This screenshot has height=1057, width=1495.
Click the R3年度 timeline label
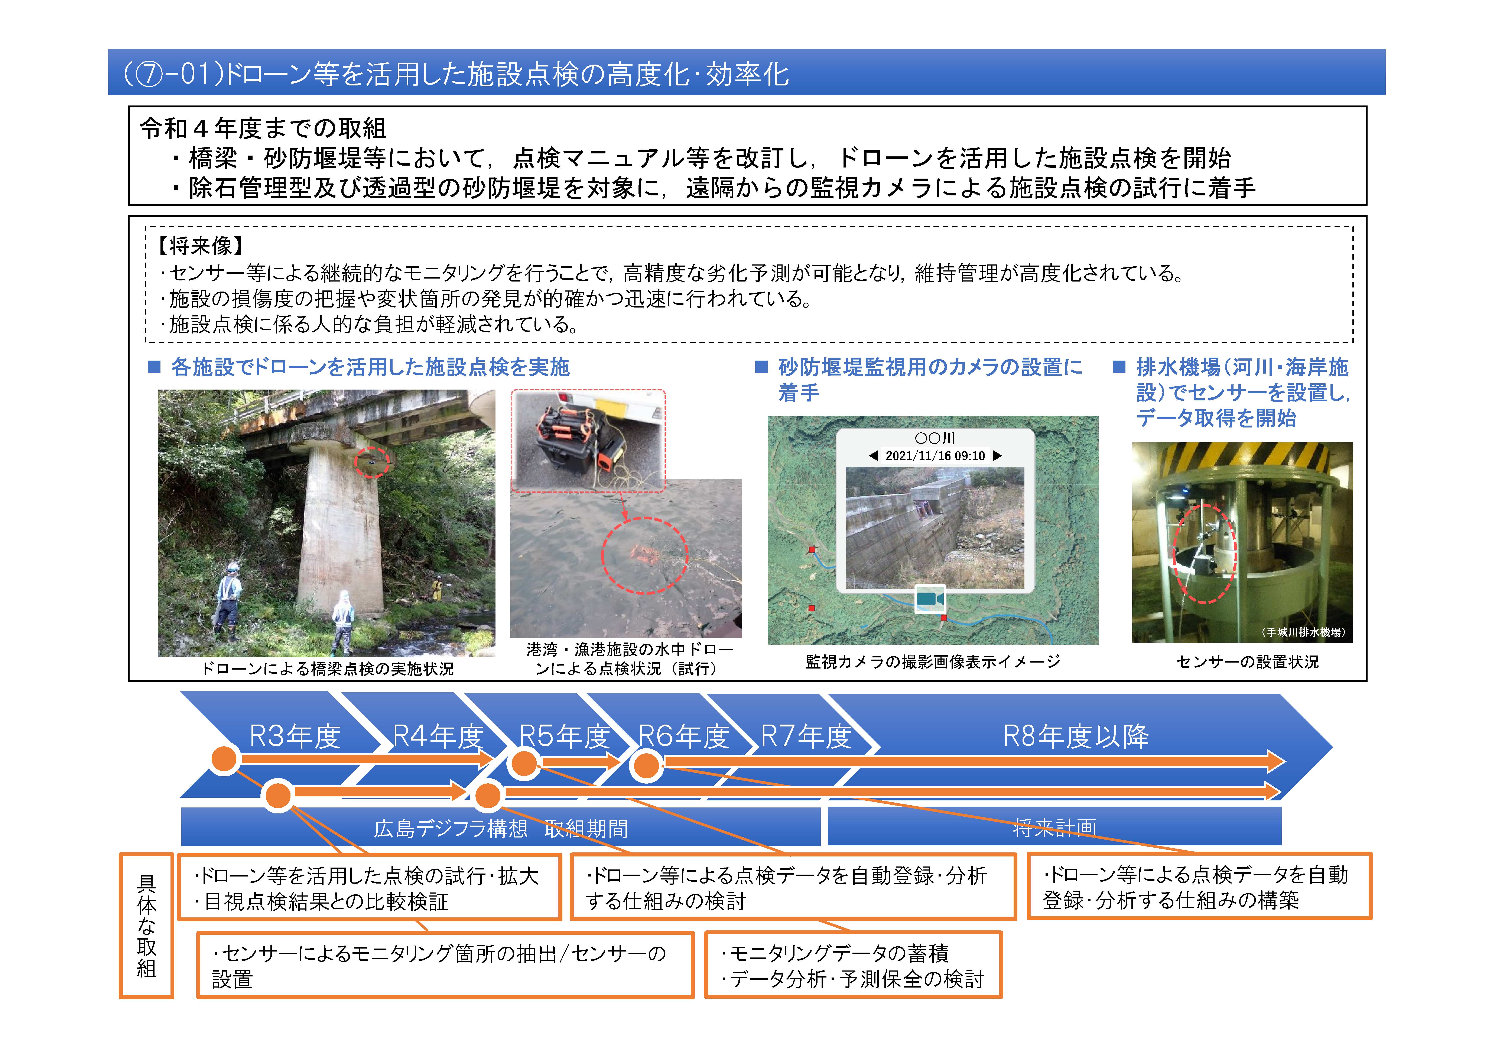click(x=295, y=736)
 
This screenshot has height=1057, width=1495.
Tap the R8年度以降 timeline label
click(x=1076, y=736)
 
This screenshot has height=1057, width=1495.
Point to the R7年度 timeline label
click(x=806, y=736)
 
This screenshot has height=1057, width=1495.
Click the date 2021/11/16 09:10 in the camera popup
click(x=935, y=456)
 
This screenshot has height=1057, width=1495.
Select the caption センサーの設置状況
click(x=1247, y=662)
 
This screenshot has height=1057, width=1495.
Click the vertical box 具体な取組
click(x=146, y=926)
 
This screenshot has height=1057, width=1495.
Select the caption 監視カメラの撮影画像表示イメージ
click(x=932, y=662)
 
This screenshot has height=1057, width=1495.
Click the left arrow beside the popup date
click(x=873, y=456)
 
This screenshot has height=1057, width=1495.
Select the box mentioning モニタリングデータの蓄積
click(x=853, y=965)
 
